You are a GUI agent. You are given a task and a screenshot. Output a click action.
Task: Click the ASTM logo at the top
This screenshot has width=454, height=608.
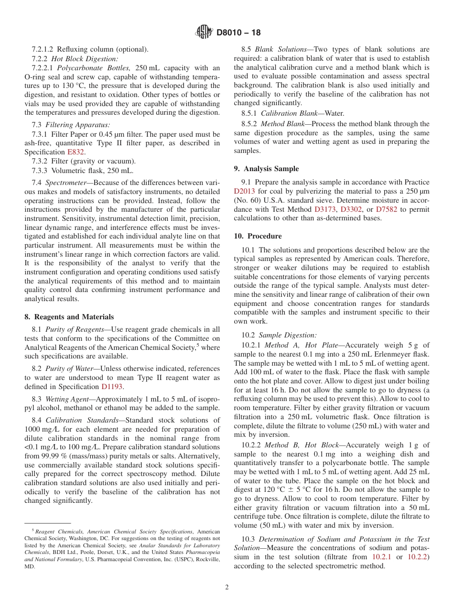[204, 33]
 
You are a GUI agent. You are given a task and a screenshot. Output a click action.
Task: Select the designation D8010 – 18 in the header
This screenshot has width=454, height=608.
[238, 33]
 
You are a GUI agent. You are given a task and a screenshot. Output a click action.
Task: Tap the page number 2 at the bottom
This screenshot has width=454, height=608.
[227, 587]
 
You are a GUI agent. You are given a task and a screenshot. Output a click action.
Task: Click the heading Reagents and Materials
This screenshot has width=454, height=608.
[69, 317]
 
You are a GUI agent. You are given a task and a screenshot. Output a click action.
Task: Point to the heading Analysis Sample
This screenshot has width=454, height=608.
[273, 169]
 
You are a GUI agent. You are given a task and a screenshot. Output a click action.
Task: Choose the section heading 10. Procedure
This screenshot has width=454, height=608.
[265, 236]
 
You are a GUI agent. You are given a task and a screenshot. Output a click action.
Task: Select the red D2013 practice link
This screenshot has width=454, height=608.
[244, 191]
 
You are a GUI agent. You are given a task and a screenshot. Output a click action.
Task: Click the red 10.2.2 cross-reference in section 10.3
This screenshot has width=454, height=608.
[418, 557]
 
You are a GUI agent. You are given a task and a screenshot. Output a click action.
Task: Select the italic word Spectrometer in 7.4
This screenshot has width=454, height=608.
[65, 183]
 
